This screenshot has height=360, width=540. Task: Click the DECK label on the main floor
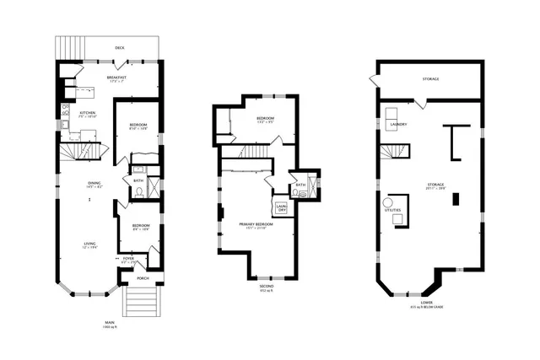point(120,48)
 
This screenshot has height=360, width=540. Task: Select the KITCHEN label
point(87,114)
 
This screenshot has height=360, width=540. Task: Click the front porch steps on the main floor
point(141,301)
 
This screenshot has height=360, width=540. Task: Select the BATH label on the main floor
point(138,180)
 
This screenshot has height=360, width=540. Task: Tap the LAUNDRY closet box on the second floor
point(282,207)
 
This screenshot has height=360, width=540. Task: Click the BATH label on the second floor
point(300,185)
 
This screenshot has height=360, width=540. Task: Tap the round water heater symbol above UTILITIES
point(391,203)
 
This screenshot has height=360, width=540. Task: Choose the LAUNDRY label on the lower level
point(399,125)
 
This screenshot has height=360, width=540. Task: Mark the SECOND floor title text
point(267,287)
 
